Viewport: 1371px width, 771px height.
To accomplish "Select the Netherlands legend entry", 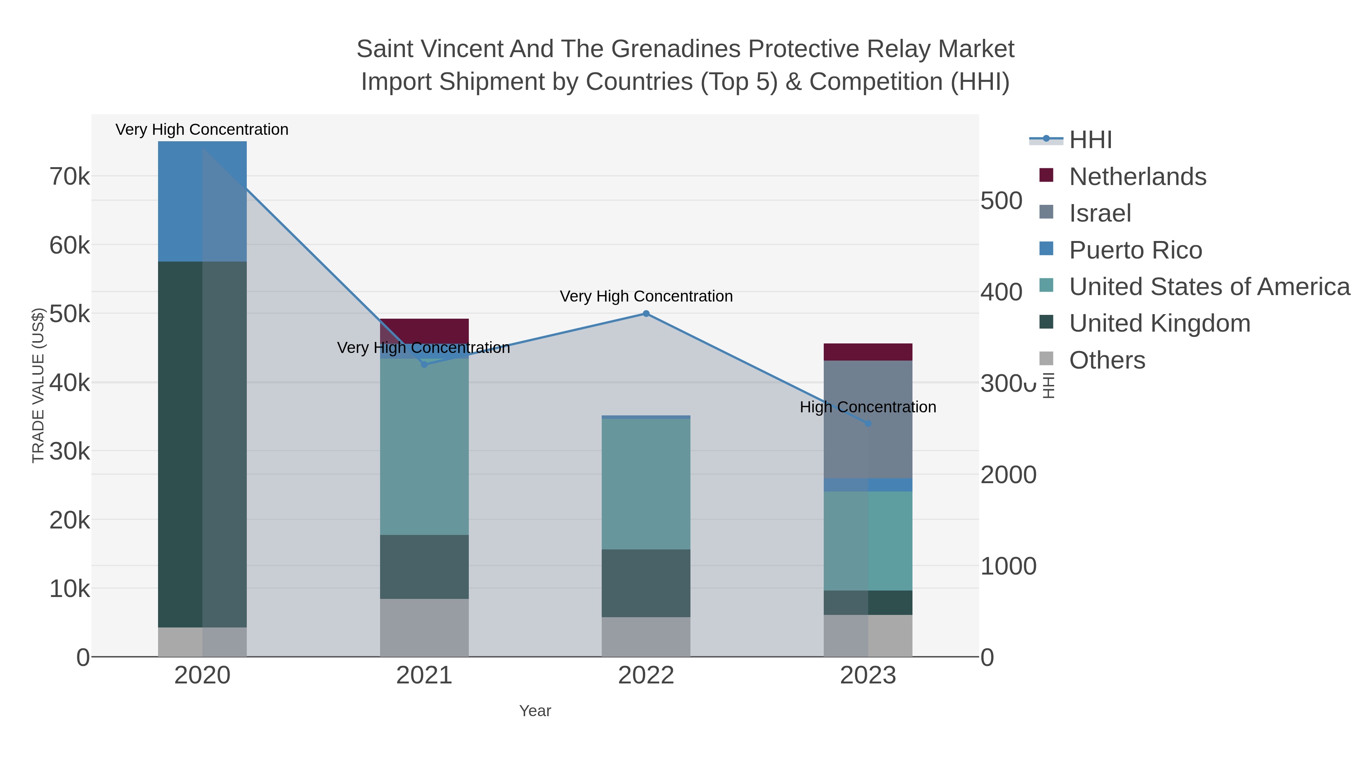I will (1137, 177).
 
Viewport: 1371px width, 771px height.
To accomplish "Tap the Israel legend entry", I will (1099, 213).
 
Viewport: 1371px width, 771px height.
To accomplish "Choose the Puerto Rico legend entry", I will (1135, 250).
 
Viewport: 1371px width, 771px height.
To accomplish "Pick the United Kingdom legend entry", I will (1159, 324).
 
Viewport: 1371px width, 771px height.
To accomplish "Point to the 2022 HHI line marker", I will (646, 314).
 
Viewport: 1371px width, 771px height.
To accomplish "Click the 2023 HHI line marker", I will (868, 423).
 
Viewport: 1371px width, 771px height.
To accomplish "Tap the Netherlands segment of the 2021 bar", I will (424, 330).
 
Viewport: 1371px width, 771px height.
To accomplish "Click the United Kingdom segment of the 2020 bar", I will (202, 444).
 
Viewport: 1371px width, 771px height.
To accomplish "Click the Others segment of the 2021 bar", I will (424, 627).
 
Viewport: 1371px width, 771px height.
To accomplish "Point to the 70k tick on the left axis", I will (69, 177).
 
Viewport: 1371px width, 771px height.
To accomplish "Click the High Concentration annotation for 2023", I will (868, 407).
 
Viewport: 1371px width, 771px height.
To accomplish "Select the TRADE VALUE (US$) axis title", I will (38, 385).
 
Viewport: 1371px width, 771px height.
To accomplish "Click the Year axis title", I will (535, 711).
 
